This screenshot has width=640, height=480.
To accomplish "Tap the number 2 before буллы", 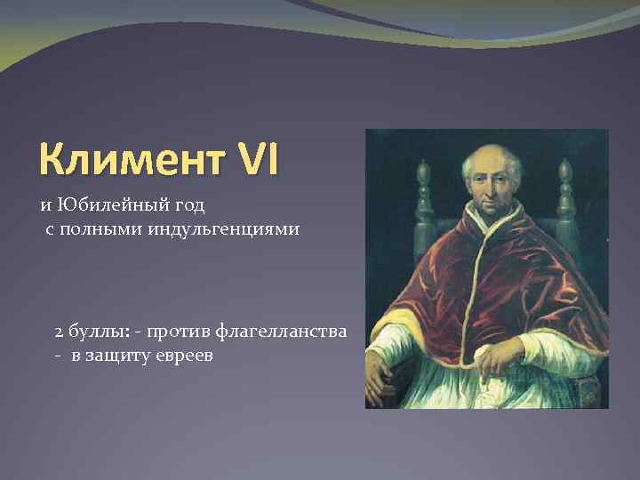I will [x=59, y=332].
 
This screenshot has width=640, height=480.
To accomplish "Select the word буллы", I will [x=95, y=332].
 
